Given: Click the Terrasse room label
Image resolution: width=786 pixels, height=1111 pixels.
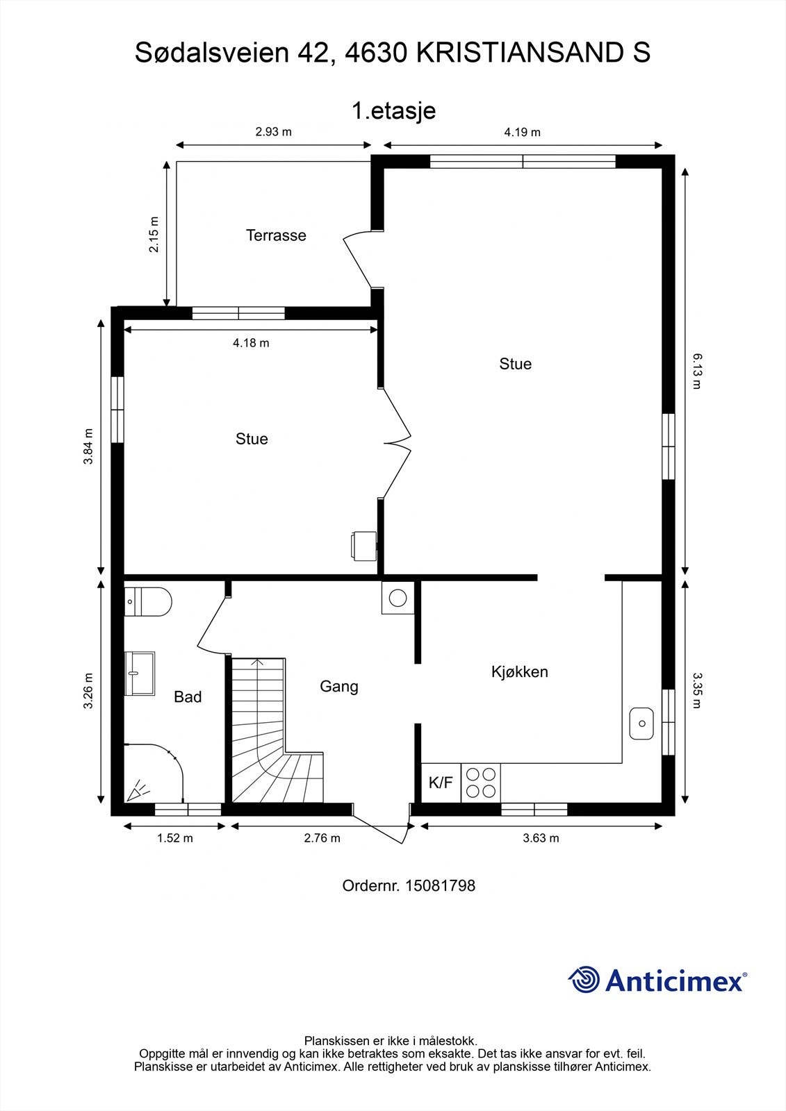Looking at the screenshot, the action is point(276,235).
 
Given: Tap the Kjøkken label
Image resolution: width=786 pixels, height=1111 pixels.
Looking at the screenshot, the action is point(519,672).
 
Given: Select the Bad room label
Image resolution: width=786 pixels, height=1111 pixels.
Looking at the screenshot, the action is point(188,697).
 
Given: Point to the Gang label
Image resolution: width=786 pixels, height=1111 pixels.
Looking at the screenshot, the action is point(338,687).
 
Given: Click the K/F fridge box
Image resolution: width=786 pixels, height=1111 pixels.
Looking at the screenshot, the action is point(441,783).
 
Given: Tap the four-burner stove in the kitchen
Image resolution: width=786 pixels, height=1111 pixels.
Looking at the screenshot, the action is point(481,783).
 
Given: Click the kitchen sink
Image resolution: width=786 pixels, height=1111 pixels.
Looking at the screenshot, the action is point(641,724).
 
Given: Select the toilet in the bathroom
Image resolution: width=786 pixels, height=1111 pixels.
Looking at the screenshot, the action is point(147,601).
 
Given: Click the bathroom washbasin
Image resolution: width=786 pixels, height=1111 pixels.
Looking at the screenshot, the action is point(140,673).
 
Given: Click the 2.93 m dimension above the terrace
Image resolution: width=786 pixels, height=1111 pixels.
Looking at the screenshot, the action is point(274,132).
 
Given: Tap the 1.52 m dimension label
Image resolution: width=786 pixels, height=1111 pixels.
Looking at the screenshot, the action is point(174,838).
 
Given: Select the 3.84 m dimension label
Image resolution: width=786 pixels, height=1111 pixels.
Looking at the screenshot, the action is point(88,446).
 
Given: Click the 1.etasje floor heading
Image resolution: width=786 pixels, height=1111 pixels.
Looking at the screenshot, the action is point(393,111).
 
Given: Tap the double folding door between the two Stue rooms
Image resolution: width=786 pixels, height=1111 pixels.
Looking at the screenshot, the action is point(396,443).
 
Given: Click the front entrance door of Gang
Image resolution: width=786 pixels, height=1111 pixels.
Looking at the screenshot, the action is point(382,822).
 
